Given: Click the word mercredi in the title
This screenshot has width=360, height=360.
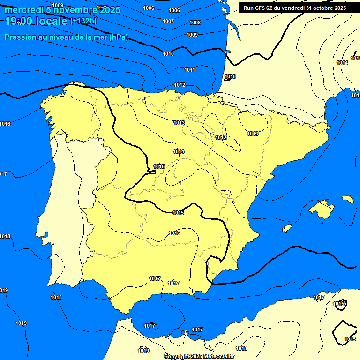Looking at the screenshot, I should [21, 10].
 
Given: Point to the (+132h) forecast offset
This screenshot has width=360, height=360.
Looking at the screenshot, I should [84, 21].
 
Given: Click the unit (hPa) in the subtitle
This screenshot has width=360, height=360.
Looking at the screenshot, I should [118, 37].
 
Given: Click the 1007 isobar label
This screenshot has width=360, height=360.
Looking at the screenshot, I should [168, 21].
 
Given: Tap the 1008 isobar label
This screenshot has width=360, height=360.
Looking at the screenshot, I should [195, 22].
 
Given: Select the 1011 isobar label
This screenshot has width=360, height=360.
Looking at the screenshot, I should [189, 70].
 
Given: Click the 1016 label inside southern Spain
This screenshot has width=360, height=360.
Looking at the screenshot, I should [174, 233].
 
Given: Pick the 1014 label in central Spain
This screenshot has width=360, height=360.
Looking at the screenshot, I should [179, 151].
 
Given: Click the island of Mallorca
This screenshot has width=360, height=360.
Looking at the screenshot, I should [322, 209].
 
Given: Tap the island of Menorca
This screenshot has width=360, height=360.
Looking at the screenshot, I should [347, 199].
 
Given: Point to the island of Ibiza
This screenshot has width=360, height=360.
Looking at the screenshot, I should [287, 228].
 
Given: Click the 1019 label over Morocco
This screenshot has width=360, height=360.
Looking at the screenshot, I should [143, 351].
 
